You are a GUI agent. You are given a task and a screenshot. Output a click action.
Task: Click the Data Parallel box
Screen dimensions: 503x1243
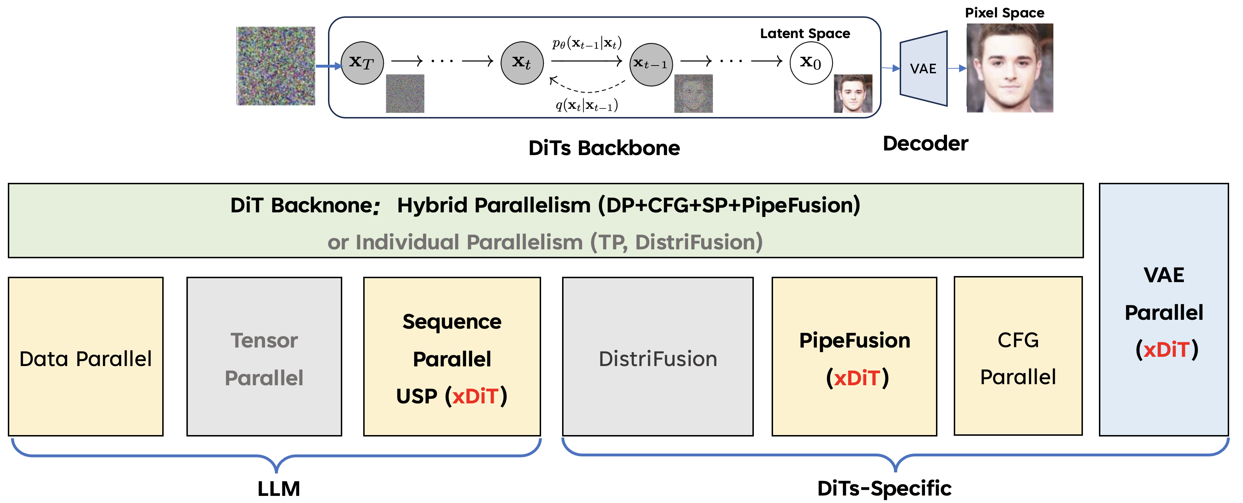(85, 357)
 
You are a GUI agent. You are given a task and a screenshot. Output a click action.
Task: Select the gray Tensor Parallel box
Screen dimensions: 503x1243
(264, 357)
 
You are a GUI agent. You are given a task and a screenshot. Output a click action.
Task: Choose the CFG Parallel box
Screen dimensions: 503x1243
(1018, 357)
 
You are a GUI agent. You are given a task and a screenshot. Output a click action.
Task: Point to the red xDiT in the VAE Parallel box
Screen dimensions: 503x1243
(1166, 349)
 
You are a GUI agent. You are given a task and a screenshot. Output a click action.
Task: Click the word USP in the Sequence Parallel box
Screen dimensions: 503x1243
(417, 396)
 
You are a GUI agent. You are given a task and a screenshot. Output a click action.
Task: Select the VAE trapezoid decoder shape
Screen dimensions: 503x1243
(923, 69)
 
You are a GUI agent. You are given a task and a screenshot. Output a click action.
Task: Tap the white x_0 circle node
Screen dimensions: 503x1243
(811, 63)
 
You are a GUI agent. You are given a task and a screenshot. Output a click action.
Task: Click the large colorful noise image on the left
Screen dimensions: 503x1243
(275, 66)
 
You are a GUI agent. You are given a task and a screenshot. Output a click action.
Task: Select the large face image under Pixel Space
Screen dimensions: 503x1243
(1010, 68)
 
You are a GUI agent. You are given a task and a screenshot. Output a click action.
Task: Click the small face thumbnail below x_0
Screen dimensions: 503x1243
(853, 94)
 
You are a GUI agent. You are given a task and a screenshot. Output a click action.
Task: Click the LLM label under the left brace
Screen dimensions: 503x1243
(279, 488)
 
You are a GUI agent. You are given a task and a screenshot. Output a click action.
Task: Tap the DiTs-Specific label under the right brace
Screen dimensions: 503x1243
(884, 488)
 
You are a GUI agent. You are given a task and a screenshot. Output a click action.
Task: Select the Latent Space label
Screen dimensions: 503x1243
(804, 33)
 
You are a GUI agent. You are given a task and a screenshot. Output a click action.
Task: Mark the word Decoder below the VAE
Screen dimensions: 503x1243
(925, 143)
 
